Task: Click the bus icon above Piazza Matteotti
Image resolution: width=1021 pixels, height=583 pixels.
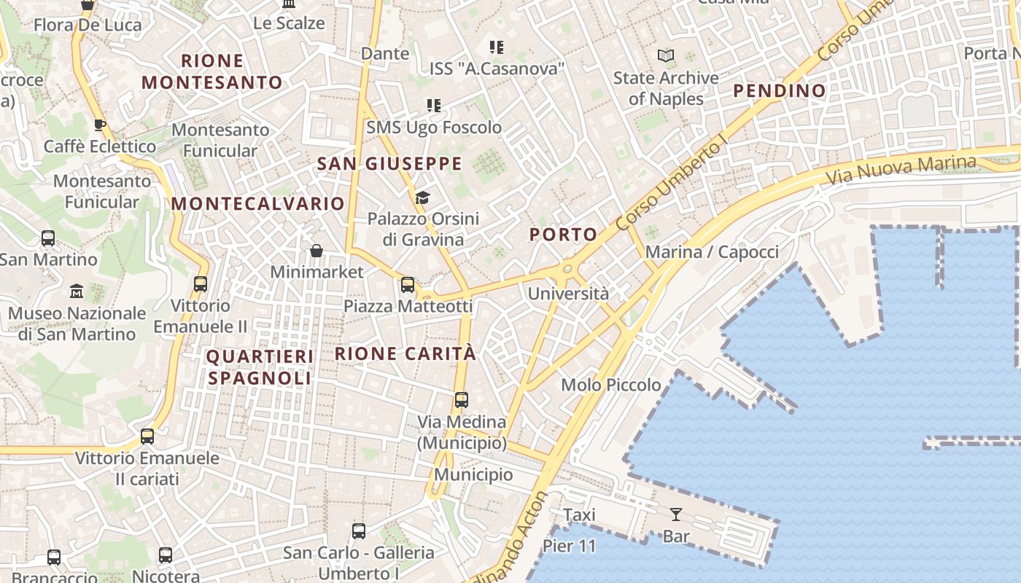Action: click(x=408, y=285)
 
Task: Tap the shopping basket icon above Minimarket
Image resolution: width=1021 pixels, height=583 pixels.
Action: click(x=317, y=251)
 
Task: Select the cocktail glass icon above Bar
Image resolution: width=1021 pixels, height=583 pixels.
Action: click(x=676, y=514)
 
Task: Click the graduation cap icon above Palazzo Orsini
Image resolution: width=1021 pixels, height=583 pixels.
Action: click(x=422, y=197)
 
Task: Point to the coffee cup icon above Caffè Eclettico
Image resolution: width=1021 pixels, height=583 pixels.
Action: click(x=100, y=125)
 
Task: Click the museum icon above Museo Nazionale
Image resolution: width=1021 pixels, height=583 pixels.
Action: click(x=77, y=291)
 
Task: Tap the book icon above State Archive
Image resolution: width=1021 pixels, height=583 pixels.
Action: click(x=665, y=55)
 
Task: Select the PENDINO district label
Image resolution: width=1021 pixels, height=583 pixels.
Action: click(x=779, y=91)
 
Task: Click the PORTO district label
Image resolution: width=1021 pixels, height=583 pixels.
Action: click(x=563, y=235)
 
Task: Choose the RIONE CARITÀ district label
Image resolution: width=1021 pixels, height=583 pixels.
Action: click(x=405, y=354)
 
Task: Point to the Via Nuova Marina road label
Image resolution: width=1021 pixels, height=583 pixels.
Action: click(x=901, y=170)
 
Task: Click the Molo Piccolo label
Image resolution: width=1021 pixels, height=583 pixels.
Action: click(x=611, y=385)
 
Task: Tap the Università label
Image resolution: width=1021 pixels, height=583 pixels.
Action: click(x=568, y=294)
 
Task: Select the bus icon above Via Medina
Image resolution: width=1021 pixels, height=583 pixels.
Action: click(x=462, y=400)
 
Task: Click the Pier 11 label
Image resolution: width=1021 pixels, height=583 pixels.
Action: click(x=570, y=546)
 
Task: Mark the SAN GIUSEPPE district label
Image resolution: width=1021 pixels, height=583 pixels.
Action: click(x=389, y=164)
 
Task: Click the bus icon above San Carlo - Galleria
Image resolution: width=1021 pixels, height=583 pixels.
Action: click(x=359, y=531)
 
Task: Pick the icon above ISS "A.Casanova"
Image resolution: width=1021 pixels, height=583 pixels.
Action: click(x=497, y=47)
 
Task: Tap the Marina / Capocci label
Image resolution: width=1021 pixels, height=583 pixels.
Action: click(x=713, y=252)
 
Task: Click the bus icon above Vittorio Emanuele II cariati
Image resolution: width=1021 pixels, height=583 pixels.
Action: click(x=147, y=437)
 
